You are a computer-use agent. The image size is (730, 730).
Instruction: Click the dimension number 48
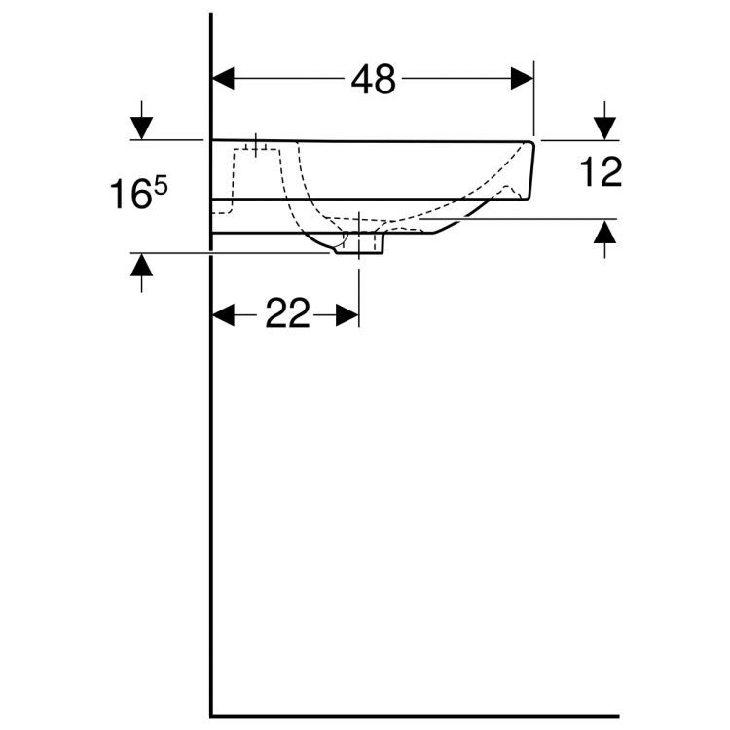373,80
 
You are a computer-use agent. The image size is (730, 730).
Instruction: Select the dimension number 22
286,314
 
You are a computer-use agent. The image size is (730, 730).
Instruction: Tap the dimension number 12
600,173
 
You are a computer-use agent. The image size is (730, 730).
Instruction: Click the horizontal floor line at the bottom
414,716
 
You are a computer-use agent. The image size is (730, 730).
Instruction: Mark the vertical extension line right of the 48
534,102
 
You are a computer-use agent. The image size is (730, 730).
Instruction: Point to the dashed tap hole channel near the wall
235,180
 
